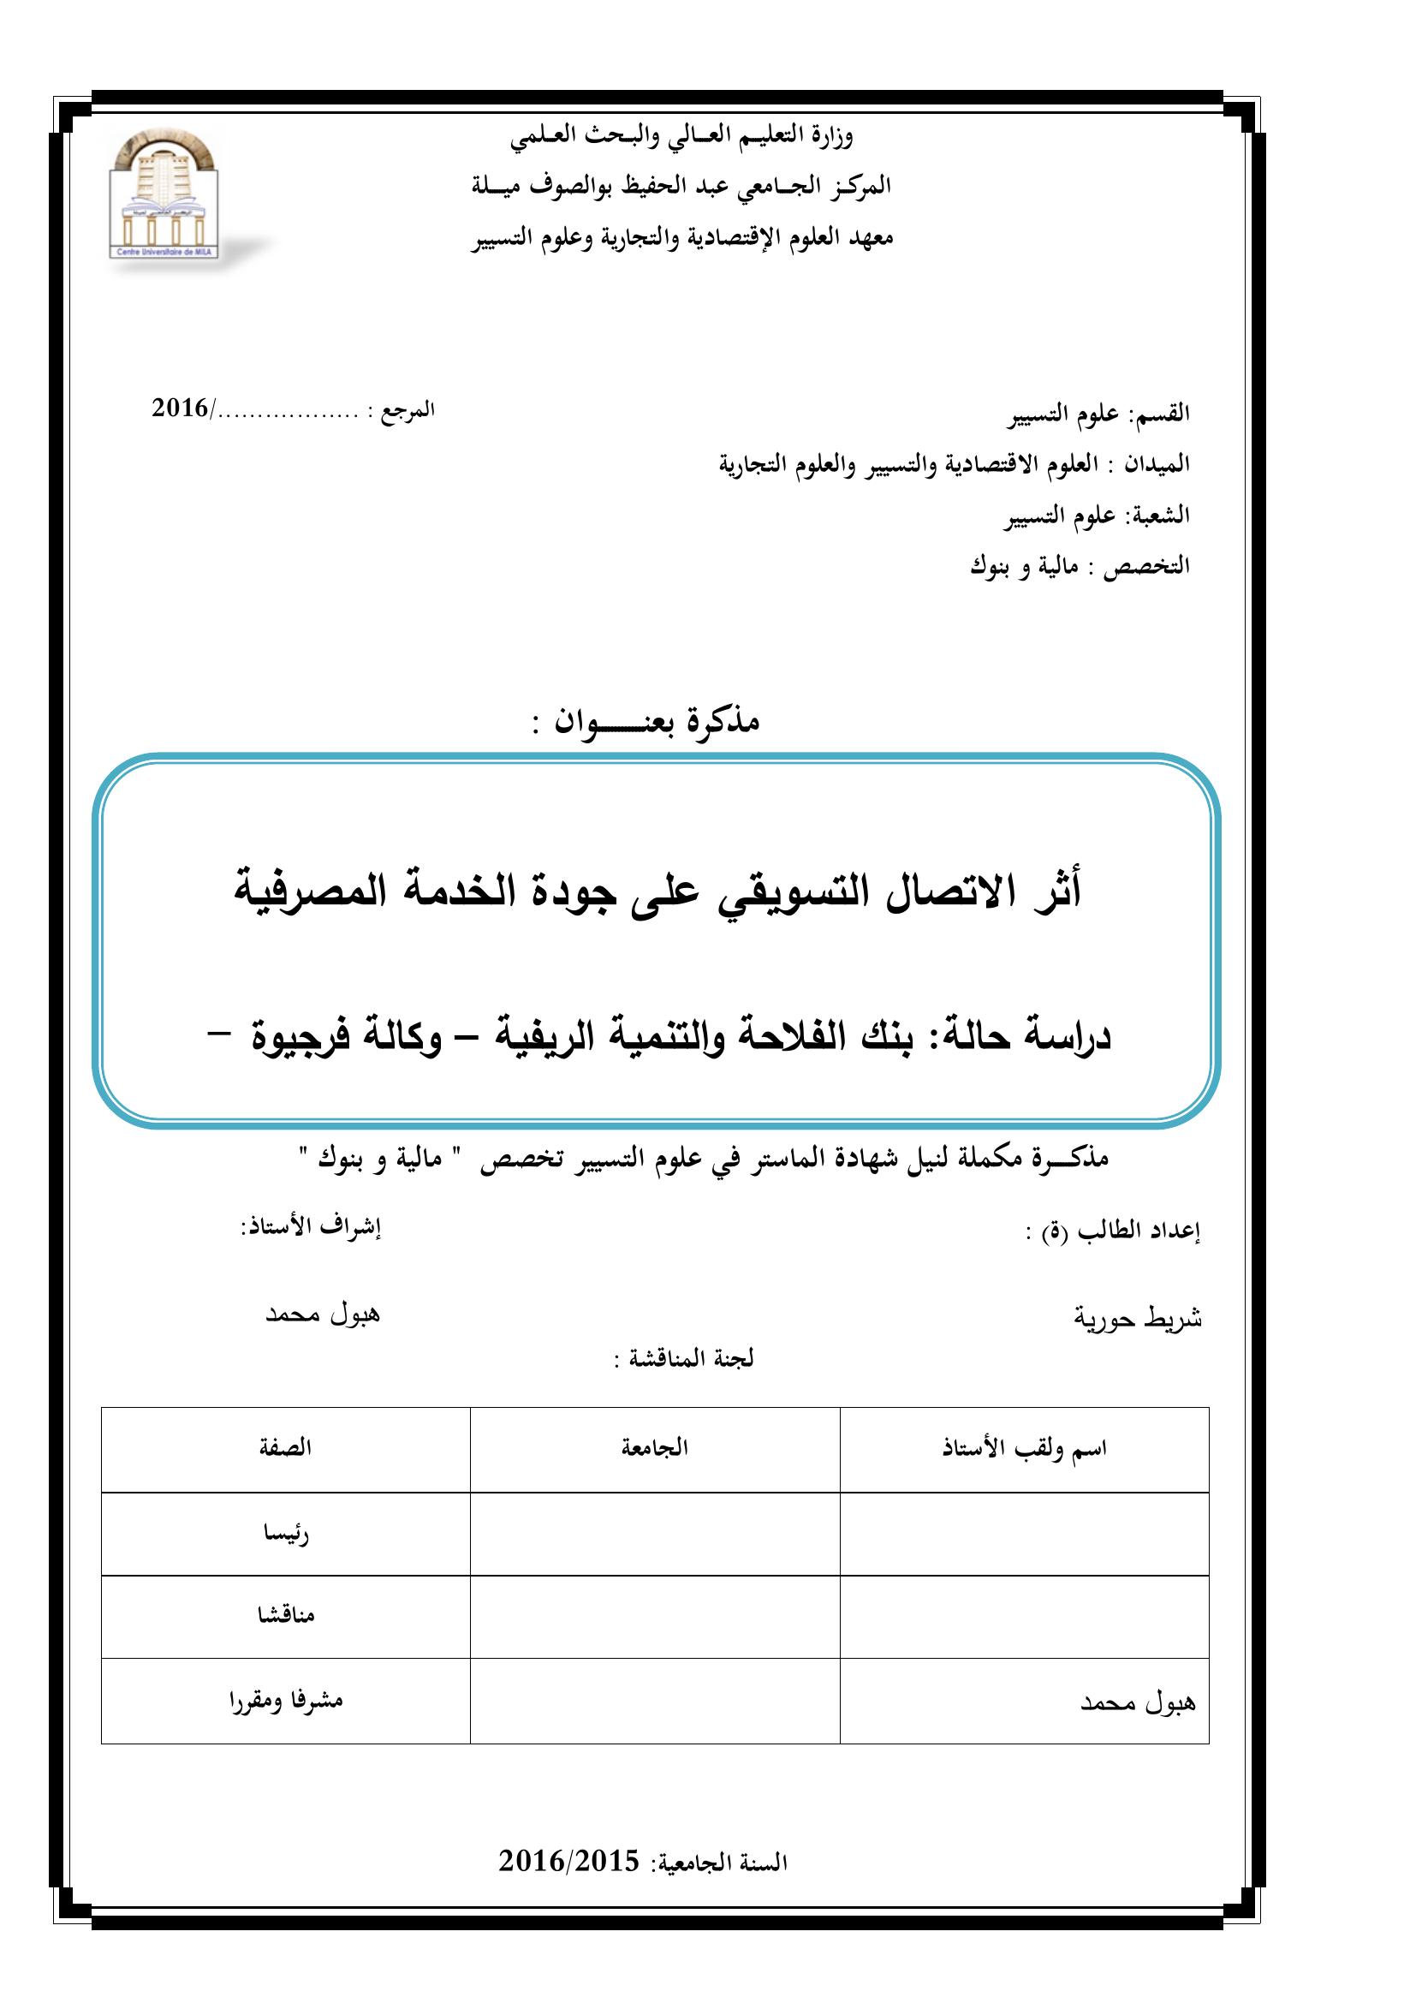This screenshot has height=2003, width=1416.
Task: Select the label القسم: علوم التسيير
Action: (x=1098, y=414)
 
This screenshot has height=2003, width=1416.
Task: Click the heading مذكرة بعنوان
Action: (x=646, y=720)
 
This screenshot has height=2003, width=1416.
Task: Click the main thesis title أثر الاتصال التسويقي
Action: (x=658, y=892)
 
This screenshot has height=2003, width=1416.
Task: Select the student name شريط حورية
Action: (x=1137, y=1318)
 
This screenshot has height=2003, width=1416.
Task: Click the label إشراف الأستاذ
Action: (x=312, y=1226)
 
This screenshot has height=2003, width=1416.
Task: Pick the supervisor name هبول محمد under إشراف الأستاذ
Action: (x=323, y=1314)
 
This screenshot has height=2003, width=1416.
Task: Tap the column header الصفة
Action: (x=285, y=1448)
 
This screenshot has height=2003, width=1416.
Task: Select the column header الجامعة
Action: (x=654, y=1448)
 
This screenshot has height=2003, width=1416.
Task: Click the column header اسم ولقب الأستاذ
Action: (x=1024, y=1449)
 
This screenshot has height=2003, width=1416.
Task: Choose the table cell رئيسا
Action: (x=286, y=1534)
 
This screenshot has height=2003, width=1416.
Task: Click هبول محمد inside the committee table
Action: (x=1138, y=1702)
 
